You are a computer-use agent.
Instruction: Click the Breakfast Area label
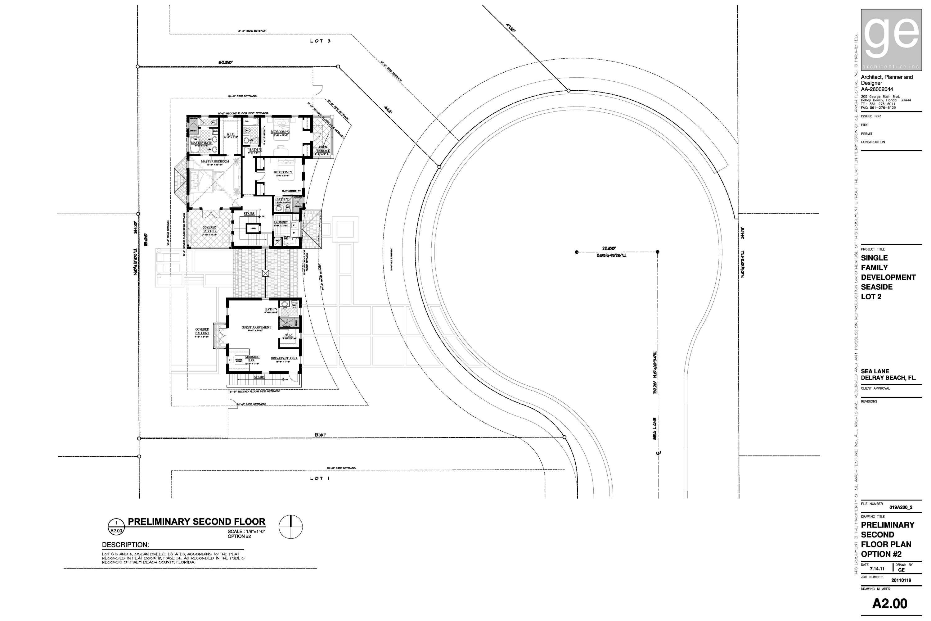[x=284, y=358]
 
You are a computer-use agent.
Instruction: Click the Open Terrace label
[x=323, y=149]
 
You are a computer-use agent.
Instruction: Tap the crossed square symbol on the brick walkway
[x=265, y=273]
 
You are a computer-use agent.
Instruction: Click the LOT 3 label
[x=320, y=41]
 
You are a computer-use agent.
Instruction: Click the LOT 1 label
[x=320, y=478]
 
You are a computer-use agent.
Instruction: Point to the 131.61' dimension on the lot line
[x=320, y=435]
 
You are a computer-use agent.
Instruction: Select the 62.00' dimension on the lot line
[x=226, y=62]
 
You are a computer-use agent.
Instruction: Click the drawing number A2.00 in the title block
[x=889, y=604]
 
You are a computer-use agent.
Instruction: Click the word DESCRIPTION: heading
[x=125, y=545]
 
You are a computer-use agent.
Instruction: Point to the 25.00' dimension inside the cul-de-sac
[x=609, y=248]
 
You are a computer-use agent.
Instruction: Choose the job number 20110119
[x=901, y=580]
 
